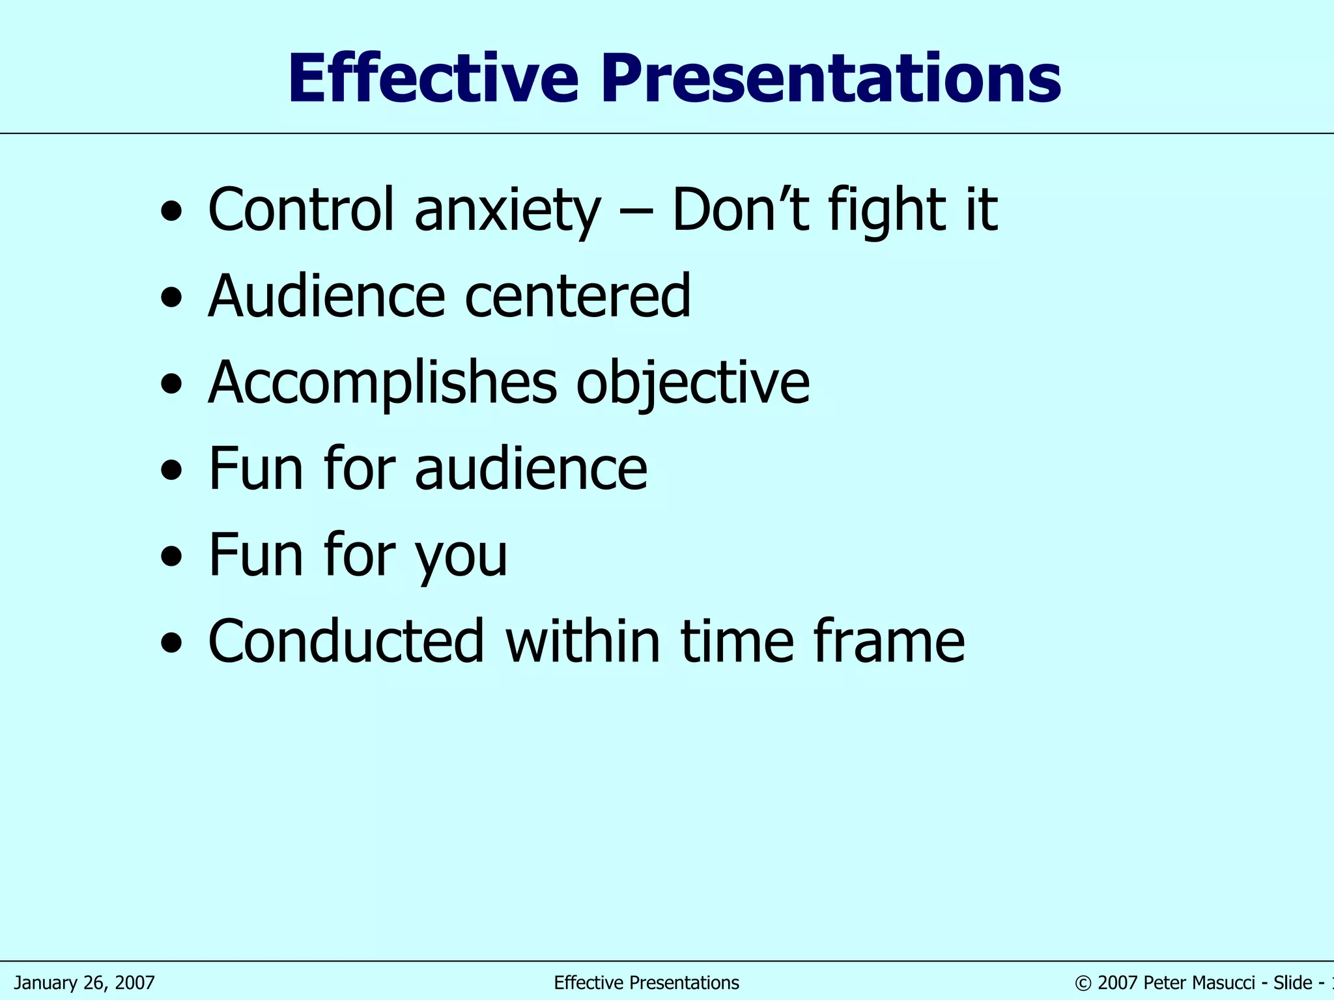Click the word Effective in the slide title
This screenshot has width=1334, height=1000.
433,79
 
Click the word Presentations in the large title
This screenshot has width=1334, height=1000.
830,79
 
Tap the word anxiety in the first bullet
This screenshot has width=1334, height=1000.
507,210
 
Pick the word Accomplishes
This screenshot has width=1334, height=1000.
382,383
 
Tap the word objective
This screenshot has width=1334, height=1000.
693,383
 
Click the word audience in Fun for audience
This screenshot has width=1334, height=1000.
531,468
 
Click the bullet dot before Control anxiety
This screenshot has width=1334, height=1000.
171,212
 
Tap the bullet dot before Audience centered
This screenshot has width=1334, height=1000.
171,299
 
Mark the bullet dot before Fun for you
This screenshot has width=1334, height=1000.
171,558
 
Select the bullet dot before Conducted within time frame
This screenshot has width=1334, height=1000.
171,644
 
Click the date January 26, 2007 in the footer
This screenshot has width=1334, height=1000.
85,982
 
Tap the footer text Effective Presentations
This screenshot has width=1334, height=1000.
646,982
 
